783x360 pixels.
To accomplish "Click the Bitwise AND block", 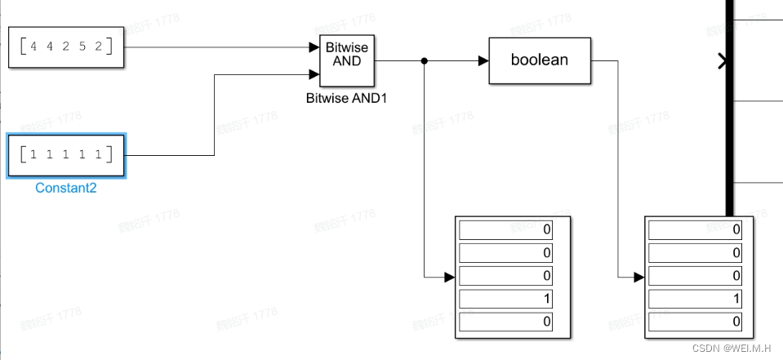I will pos(347,60).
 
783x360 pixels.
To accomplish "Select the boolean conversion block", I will pos(539,60).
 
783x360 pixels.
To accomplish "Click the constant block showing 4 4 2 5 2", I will pos(66,47).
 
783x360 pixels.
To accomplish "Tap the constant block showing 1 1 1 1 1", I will pos(66,154).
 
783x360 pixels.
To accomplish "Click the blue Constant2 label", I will pos(66,188).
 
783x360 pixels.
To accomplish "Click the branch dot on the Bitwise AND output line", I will pos(424,60).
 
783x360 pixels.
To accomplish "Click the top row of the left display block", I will pos(505,229).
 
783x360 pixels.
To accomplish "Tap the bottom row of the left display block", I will pos(505,322).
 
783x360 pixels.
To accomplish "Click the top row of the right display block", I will pos(695,229).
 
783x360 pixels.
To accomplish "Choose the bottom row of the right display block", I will pos(695,322).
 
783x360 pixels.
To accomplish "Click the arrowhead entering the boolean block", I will pos(483,60).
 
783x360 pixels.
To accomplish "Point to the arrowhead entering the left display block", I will pos(448,277).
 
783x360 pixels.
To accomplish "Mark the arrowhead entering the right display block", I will pos(638,277).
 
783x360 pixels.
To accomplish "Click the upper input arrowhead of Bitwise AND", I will pos(314,47).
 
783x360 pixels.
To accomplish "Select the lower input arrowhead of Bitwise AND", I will pos(314,74).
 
